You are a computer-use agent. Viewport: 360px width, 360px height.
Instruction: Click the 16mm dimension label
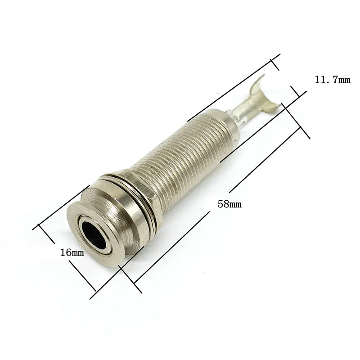point(72,253)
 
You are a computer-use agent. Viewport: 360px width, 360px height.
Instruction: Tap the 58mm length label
point(229,204)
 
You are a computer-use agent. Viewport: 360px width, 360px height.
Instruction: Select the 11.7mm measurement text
point(332,80)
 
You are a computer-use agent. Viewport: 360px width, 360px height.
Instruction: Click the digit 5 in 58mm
point(220,204)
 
